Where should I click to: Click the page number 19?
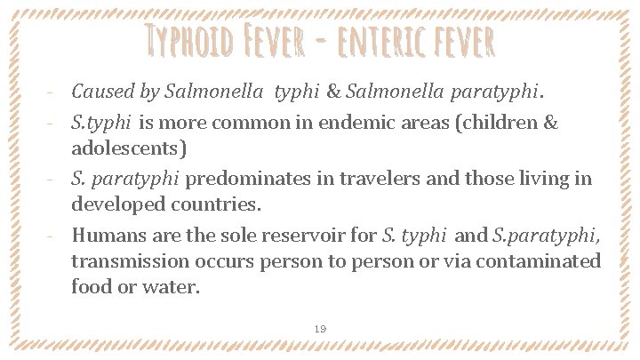click(x=320, y=329)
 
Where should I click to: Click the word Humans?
click(x=108, y=236)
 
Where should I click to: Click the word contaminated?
click(x=535, y=263)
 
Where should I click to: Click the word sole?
click(x=231, y=236)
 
